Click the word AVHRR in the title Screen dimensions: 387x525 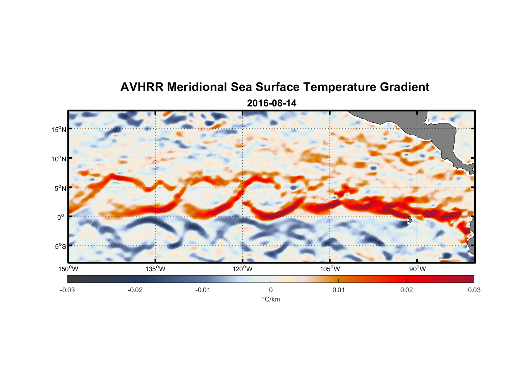click(x=142, y=87)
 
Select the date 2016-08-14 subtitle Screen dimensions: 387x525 click(x=271, y=103)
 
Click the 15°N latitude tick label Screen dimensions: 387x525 click(x=59, y=129)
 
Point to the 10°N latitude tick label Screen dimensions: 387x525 click(x=59, y=159)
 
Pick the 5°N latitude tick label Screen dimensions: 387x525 click(x=60, y=188)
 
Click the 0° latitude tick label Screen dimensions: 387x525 click(x=61, y=217)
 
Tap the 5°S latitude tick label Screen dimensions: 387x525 click(x=60, y=246)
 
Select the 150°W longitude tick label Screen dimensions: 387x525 click(x=68, y=269)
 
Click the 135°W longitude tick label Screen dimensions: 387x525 click(x=156, y=269)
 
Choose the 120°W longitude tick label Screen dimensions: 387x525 click(x=243, y=269)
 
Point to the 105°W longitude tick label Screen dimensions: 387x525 click(x=330, y=269)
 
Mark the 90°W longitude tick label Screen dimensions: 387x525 click(x=417, y=269)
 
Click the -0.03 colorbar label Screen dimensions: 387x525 click(x=67, y=290)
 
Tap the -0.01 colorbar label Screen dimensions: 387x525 click(x=203, y=290)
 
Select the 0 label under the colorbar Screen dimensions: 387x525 click(x=271, y=290)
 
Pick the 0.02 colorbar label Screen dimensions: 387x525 click(x=407, y=290)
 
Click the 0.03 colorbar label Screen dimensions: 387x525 click(x=474, y=290)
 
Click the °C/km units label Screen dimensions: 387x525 click(x=271, y=299)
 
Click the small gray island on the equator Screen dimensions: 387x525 click(x=409, y=219)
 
